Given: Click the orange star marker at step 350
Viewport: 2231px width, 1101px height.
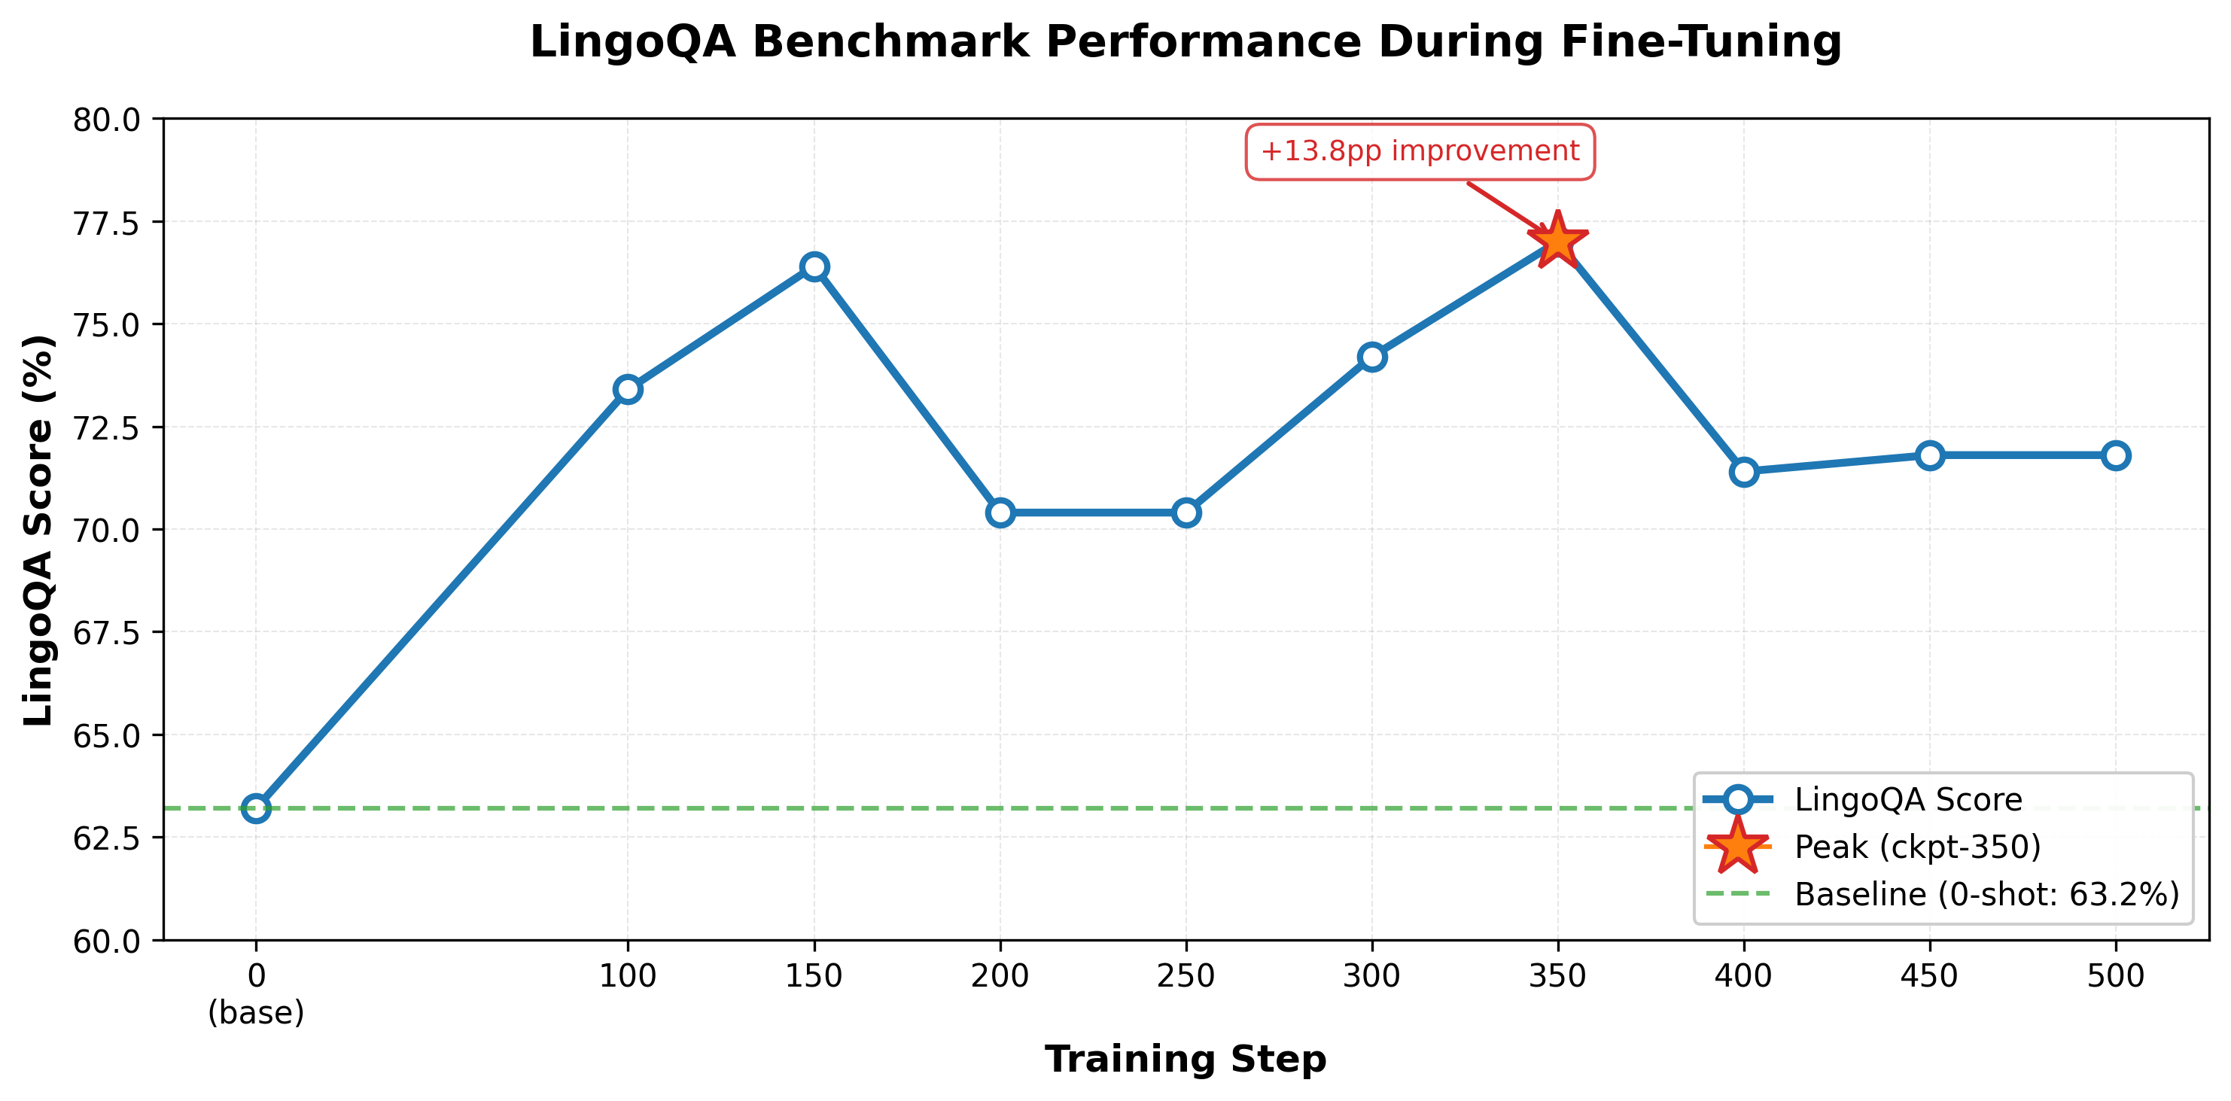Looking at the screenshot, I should point(1557,241).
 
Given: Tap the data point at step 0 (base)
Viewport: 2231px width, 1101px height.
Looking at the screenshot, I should point(255,808).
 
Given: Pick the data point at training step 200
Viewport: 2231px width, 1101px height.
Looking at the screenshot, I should point(1000,512).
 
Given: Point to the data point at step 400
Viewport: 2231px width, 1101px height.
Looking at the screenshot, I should point(1743,472).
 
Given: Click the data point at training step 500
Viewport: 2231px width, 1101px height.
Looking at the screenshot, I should point(2115,455).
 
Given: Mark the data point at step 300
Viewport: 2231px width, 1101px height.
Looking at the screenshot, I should point(1372,357).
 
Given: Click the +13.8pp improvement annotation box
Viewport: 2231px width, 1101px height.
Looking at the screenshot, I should point(1420,151).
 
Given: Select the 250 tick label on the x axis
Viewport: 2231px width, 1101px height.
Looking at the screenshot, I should point(1186,976).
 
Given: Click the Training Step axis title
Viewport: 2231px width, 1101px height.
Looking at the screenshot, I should point(1185,1060).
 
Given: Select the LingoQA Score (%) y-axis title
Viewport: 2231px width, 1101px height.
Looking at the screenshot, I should point(38,530).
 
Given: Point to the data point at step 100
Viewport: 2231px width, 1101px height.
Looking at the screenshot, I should point(628,390).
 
